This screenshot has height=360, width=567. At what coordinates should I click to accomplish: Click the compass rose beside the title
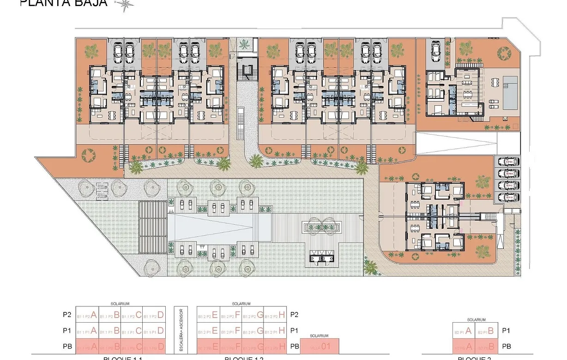click(125, 5)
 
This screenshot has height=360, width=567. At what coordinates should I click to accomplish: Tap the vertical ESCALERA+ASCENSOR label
click(181, 330)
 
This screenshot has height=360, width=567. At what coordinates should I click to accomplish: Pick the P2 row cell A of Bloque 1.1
click(86, 315)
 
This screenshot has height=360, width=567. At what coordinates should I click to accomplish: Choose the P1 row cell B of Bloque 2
click(487, 330)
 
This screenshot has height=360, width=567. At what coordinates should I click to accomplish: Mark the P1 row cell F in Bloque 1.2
click(230, 330)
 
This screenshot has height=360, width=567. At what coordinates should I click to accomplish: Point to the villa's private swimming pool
click(511, 95)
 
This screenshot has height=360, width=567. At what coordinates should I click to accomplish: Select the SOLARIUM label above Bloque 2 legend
click(476, 319)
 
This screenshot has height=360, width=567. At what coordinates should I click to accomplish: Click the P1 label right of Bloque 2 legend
click(506, 330)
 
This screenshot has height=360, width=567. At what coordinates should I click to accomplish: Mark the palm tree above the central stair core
click(245, 44)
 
